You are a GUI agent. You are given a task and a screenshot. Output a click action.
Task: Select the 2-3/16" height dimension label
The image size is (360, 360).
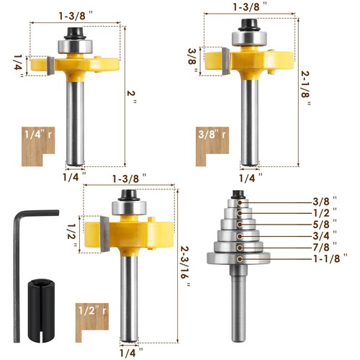pos(189,264)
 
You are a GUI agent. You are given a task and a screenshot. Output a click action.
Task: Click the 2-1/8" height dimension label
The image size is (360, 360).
pos(307,86)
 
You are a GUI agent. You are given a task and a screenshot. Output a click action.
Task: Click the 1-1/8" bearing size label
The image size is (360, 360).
pos(330,256)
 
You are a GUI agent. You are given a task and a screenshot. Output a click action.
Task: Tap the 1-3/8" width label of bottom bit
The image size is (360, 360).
pos(129,176)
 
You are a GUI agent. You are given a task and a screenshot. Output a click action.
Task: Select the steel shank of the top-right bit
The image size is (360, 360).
pos(251,122)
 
